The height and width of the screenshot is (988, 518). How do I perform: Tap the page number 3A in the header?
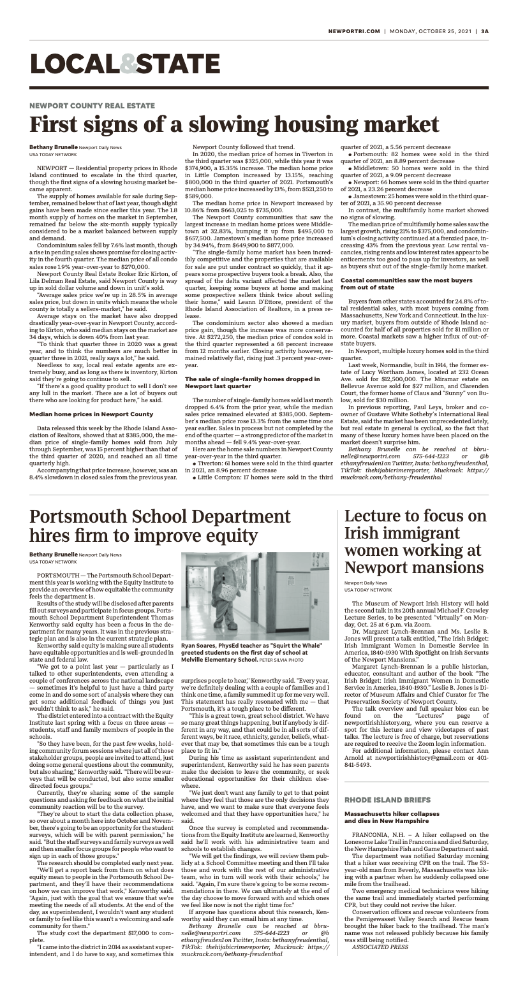click(x=485, y=31)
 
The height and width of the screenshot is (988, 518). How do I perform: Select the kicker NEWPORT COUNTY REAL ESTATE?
click(x=92, y=106)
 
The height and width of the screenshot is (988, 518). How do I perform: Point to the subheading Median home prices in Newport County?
click(x=91, y=396)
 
